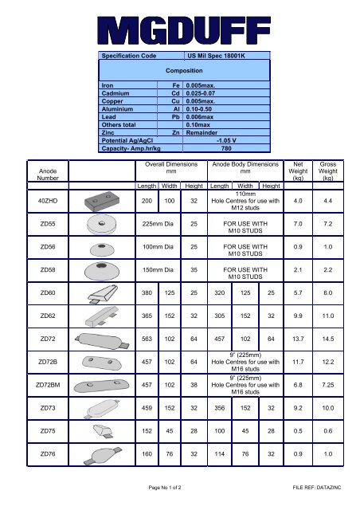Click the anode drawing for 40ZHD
[103, 201]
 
